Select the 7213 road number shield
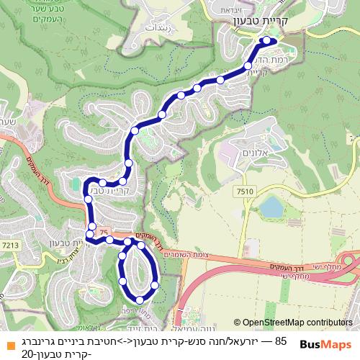pos(10,246)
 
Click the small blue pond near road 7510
pos(271,208)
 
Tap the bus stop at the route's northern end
pos(268,40)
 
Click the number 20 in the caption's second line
pos(28,353)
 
